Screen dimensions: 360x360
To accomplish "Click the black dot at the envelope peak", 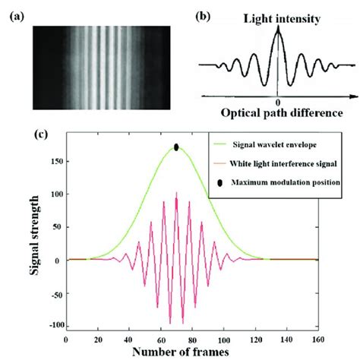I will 175,147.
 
